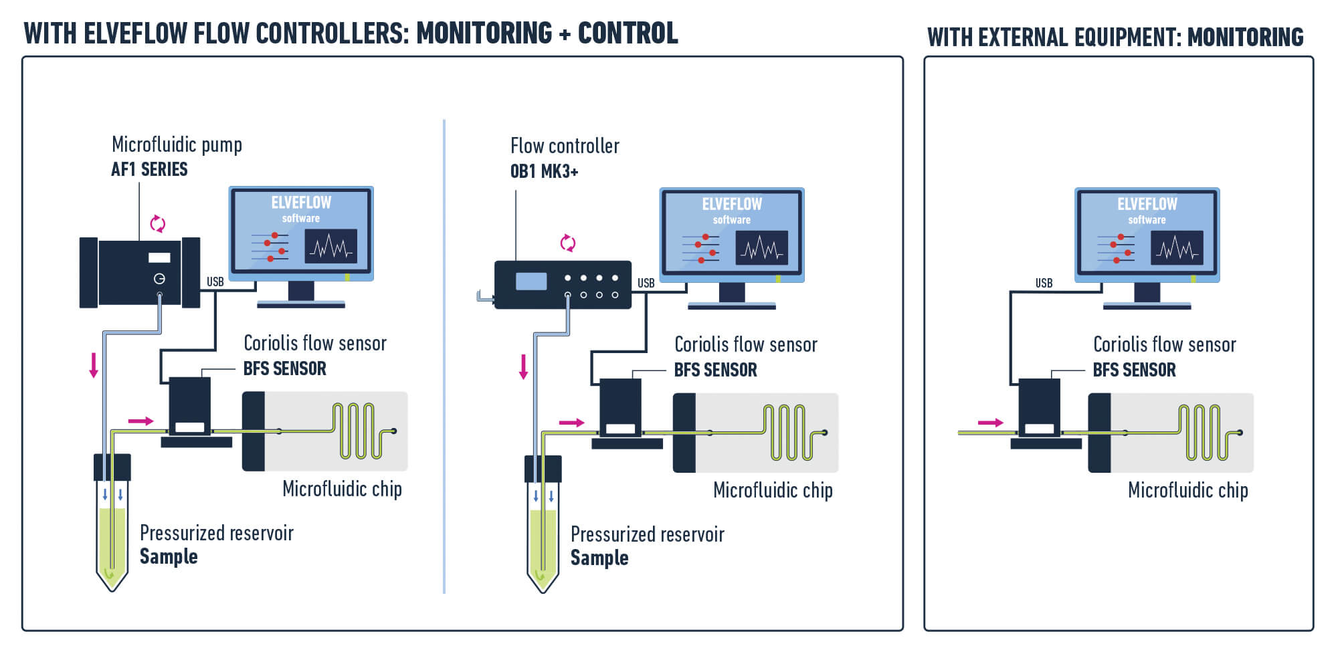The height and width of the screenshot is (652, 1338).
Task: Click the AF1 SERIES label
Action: (149, 170)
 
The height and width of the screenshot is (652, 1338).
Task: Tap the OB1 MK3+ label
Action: (544, 172)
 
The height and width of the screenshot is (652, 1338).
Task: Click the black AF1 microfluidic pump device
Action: (139, 272)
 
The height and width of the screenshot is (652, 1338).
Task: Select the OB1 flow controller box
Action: (562, 285)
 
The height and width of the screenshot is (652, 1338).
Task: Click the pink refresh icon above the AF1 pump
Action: (158, 224)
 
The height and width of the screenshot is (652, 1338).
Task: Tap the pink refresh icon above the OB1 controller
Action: (567, 243)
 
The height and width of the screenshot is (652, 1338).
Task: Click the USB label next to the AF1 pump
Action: (215, 282)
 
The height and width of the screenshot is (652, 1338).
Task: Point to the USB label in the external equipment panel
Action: (1044, 284)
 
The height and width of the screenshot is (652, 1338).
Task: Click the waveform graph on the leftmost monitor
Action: (330, 247)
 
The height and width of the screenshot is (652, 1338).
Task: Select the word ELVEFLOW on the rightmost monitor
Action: (1147, 204)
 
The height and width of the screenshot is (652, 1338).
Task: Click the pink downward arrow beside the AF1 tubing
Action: (94, 365)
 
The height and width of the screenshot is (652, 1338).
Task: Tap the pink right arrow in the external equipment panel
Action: (990, 423)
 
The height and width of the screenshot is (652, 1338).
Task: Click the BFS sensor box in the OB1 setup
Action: (620, 408)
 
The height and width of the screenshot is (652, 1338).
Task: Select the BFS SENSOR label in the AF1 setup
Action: (284, 368)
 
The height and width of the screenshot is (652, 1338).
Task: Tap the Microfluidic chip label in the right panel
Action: (1187, 490)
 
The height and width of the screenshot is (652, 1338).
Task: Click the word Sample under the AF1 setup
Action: (169, 557)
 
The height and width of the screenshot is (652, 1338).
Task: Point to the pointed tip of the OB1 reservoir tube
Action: (543, 588)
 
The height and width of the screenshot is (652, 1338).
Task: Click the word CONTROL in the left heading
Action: (628, 33)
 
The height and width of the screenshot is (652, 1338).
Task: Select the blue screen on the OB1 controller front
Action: (531, 282)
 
